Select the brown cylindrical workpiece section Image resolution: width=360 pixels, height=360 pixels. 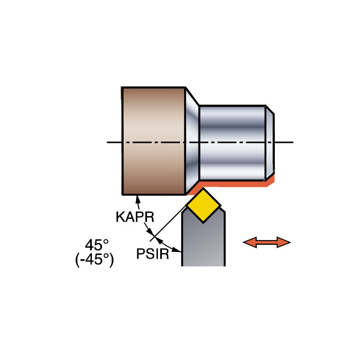[x=153, y=141]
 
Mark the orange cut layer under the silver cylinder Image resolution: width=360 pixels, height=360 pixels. [x=234, y=182]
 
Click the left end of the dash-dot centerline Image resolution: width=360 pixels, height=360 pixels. [x=109, y=142]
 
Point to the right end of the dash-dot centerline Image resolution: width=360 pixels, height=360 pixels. [x=292, y=142]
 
